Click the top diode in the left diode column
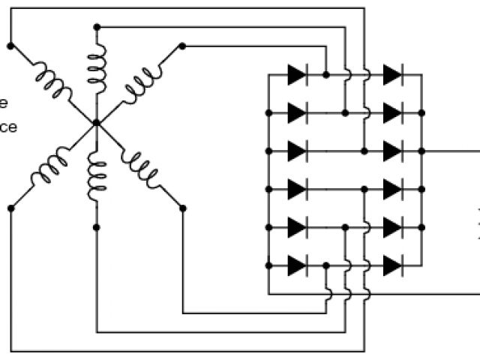click(296, 74)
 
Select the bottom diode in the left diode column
click(296, 265)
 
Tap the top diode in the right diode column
click(391, 74)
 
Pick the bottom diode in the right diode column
click(391, 265)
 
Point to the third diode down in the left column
click(296, 151)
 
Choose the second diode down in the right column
click(391, 112)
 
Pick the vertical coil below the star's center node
click(97, 177)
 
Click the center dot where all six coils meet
click(97, 123)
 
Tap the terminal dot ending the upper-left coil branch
click(10, 45)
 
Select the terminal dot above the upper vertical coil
click(97, 27)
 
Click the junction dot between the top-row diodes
click(326, 74)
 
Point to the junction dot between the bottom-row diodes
click(326, 265)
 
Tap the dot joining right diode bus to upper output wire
click(421, 151)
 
